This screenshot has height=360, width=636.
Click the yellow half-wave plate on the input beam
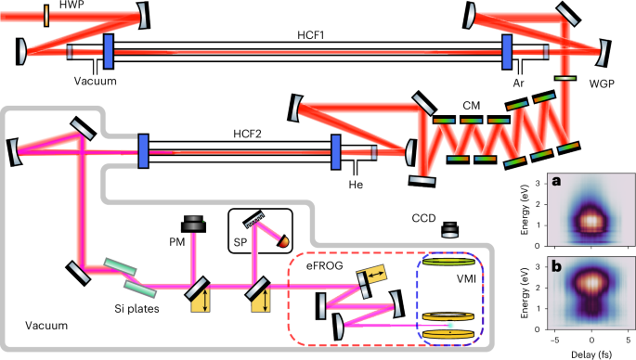point(46,16)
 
